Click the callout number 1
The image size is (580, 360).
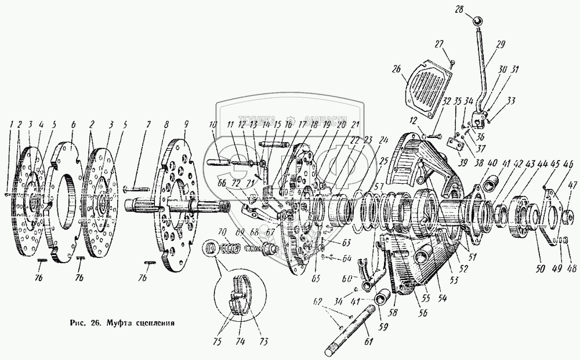click(10, 124)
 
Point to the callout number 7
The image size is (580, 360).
click(148, 124)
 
